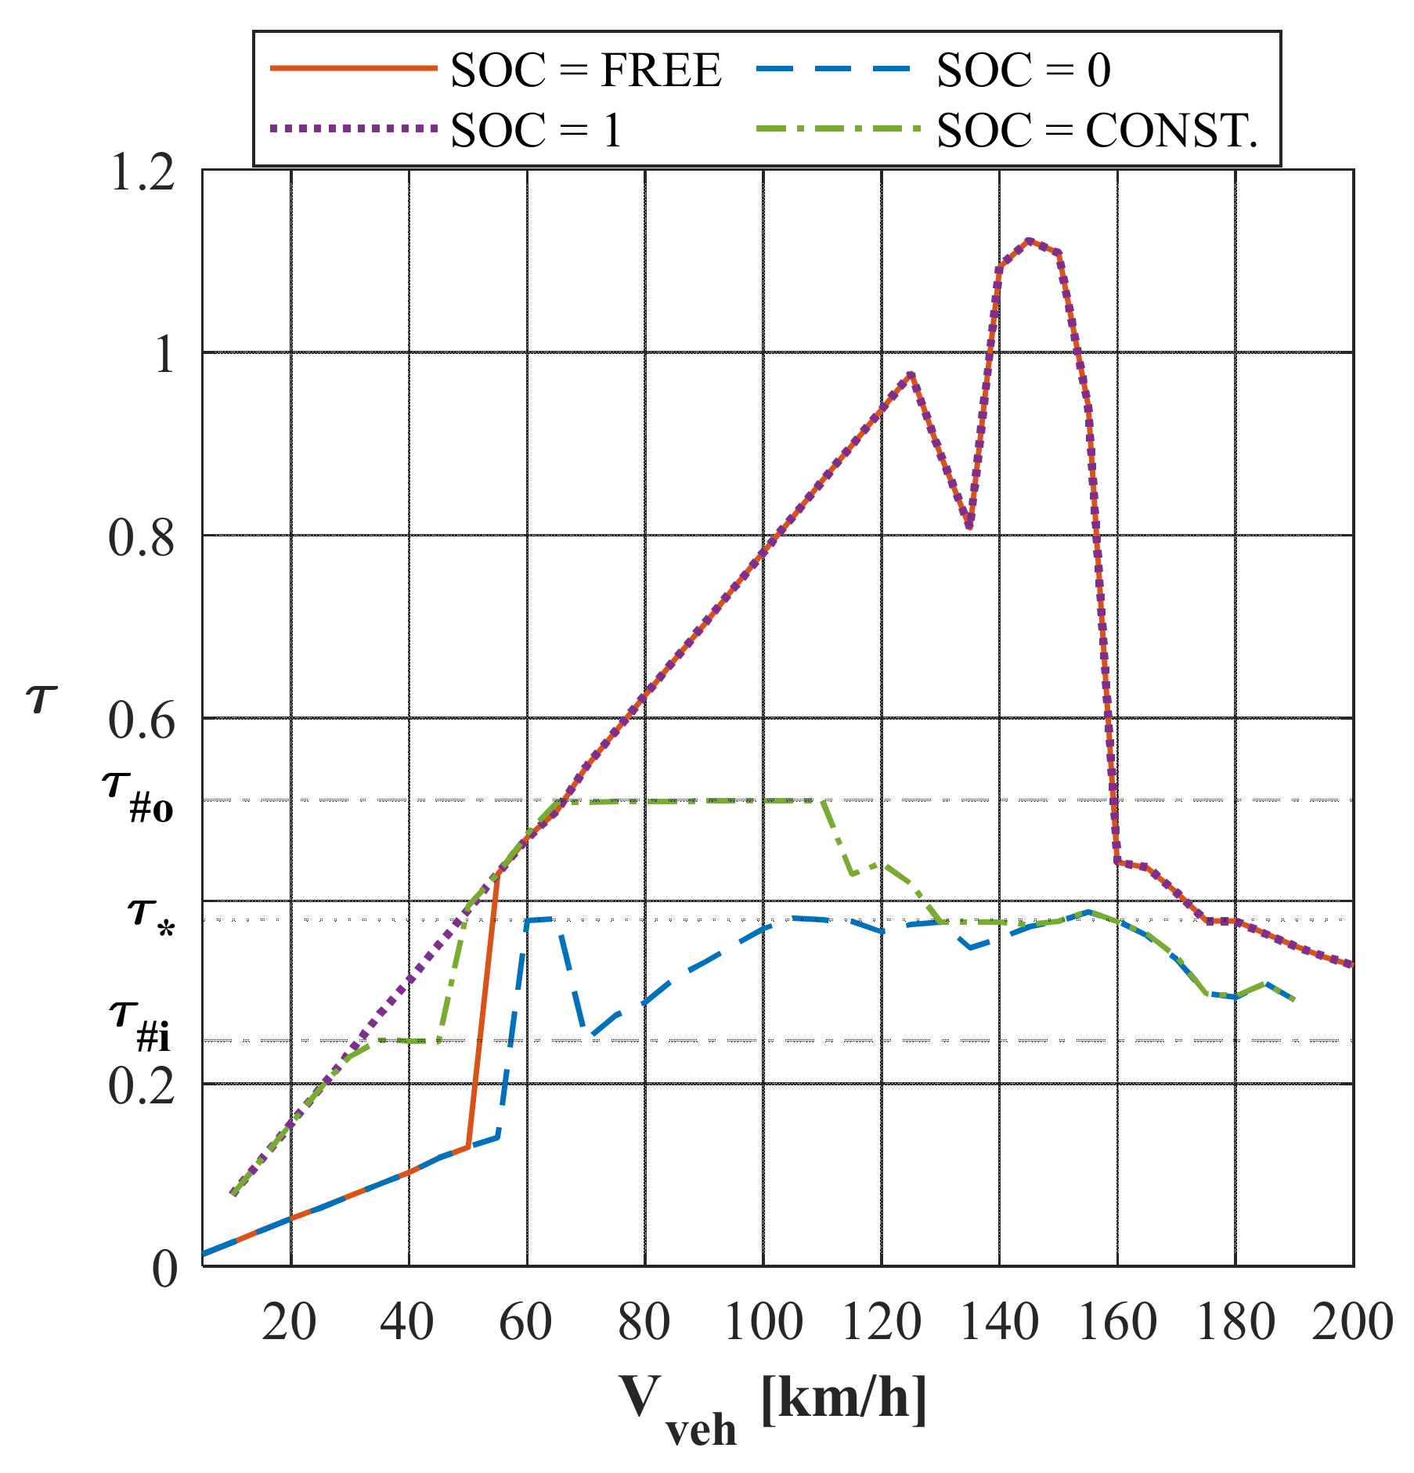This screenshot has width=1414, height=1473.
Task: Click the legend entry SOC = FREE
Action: click(585, 70)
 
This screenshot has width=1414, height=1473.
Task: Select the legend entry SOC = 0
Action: click(1023, 70)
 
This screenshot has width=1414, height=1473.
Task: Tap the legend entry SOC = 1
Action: click(536, 130)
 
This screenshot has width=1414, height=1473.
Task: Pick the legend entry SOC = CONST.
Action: click(1096, 130)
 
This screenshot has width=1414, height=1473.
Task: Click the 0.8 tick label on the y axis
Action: click(141, 539)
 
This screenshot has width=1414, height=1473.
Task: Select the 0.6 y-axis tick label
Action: click(141, 721)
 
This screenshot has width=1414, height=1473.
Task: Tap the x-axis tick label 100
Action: click(763, 1323)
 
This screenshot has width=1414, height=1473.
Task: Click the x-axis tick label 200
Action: click(1352, 1323)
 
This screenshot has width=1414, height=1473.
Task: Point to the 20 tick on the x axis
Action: click(290, 1323)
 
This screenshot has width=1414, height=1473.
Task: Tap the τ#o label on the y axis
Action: click(137, 796)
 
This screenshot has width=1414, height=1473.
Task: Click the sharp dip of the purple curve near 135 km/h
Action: click(970, 525)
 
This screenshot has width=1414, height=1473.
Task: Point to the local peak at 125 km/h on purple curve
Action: click(911, 374)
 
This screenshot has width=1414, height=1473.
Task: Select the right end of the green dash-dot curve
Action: click(1294, 1001)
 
